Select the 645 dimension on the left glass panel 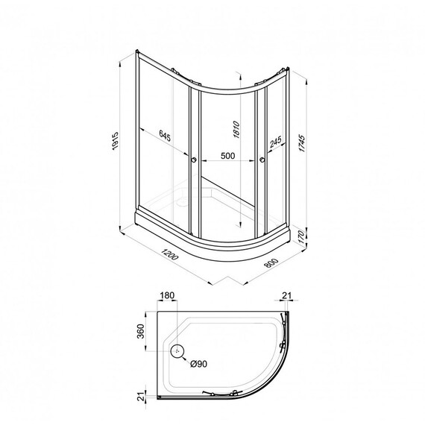(169, 136)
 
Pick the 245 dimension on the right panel (276, 141)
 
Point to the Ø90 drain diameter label (198, 363)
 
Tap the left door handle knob (193, 159)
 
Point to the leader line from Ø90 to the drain (185, 358)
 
